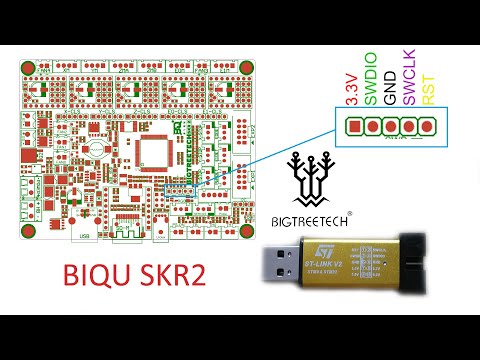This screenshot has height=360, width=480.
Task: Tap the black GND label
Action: point(388,91)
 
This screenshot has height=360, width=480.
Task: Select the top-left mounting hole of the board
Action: point(30,72)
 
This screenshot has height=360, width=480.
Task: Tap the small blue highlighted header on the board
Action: point(178,189)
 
